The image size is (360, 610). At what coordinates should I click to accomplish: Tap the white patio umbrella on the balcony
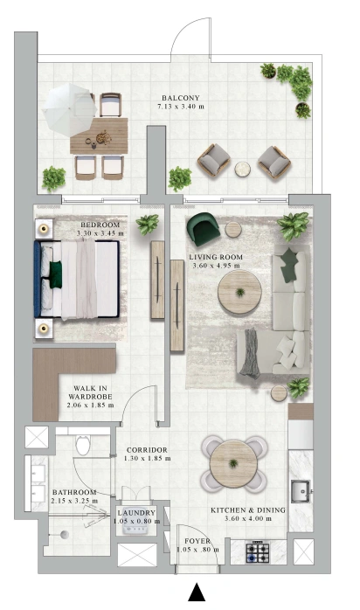69,110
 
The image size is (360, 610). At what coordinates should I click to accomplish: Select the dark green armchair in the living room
203,229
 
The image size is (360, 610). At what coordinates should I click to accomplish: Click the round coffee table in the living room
239,292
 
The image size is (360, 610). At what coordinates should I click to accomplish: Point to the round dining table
233,464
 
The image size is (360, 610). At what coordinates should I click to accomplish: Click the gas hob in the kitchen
258,552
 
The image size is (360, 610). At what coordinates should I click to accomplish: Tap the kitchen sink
301,492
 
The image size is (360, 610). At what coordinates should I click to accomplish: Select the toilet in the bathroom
83,444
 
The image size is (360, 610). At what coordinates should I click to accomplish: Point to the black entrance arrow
197,592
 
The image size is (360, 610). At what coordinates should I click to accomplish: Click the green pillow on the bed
56,274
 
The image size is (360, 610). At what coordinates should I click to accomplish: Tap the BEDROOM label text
100,225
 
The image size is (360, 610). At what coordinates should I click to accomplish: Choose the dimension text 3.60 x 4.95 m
216,266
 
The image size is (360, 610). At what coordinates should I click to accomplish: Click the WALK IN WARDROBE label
90,392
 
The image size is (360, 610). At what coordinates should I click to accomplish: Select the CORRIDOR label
147,450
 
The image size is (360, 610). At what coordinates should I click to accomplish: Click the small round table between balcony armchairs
244,170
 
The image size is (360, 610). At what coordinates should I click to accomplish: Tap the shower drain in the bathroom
65,535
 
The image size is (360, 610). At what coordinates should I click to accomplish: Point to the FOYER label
197,541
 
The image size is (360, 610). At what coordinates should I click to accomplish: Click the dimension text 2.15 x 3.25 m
74,501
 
